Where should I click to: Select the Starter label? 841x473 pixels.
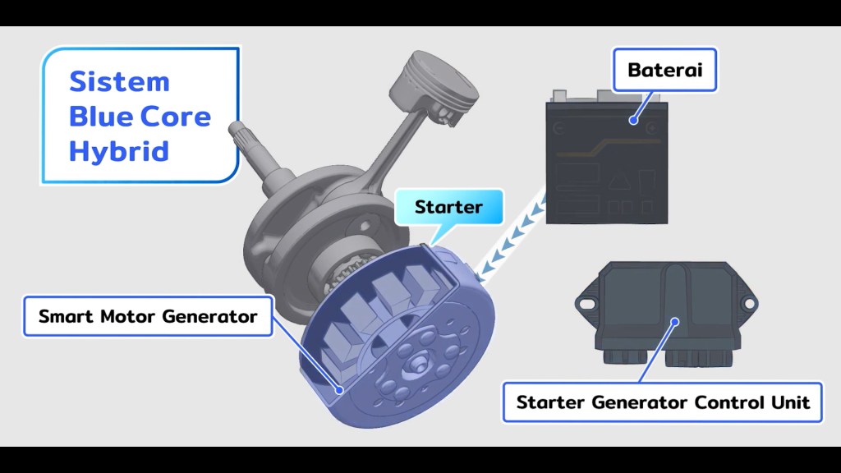(448, 207)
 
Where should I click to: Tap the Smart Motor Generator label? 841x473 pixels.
(148, 315)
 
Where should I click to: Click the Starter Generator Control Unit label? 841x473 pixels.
(663, 402)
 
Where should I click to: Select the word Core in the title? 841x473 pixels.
(175, 117)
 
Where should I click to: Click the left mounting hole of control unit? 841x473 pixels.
(586, 303)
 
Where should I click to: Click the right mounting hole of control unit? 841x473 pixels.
(750, 303)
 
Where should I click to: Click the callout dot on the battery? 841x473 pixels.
(634, 119)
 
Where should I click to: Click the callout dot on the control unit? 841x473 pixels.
(675, 323)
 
